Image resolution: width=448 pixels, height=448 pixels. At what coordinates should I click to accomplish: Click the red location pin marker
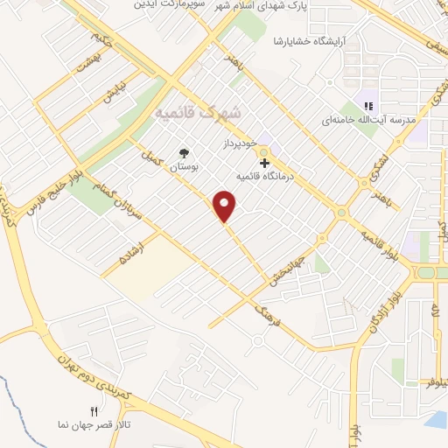[227, 206]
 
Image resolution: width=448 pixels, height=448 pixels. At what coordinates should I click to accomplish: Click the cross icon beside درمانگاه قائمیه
[263, 163]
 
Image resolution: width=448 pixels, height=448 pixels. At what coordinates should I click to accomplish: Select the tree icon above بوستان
[183, 153]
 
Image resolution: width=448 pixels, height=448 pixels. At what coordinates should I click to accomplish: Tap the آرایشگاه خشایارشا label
[314, 41]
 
